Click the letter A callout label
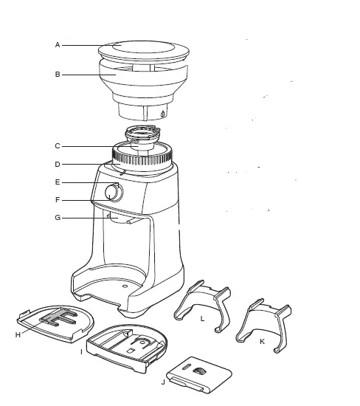[x=58, y=45]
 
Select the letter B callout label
[x=58, y=74]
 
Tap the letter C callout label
[x=58, y=145]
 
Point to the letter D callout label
[x=58, y=164]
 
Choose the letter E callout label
[x=58, y=182]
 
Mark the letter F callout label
[x=58, y=199]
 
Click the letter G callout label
[x=58, y=218]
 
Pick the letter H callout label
[x=18, y=334]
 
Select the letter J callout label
[x=163, y=382]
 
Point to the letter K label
[x=261, y=342]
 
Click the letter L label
[x=202, y=317]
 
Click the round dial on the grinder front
[x=113, y=193]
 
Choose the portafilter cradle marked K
[x=260, y=323]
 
